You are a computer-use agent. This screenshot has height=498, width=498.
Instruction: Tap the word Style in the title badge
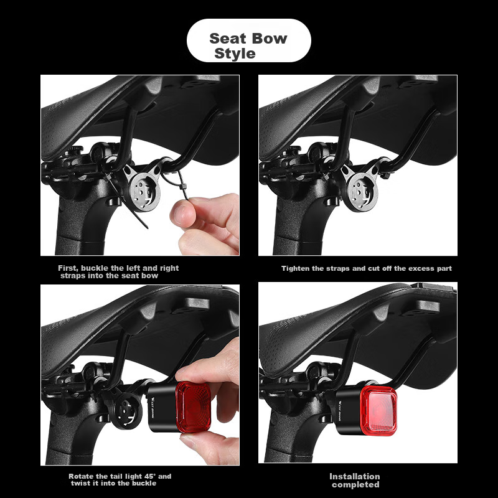tap(235, 53)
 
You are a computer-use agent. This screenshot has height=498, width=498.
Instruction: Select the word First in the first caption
tap(68, 268)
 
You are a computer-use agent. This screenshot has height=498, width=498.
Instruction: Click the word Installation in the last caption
tap(354, 476)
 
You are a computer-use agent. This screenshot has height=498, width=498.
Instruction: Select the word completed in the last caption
tap(355, 485)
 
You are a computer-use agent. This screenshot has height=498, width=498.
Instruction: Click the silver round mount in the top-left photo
tap(144, 191)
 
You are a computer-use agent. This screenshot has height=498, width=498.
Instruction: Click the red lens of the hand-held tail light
tap(193, 406)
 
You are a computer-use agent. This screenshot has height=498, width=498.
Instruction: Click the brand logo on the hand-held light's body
tap(153, 407)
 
